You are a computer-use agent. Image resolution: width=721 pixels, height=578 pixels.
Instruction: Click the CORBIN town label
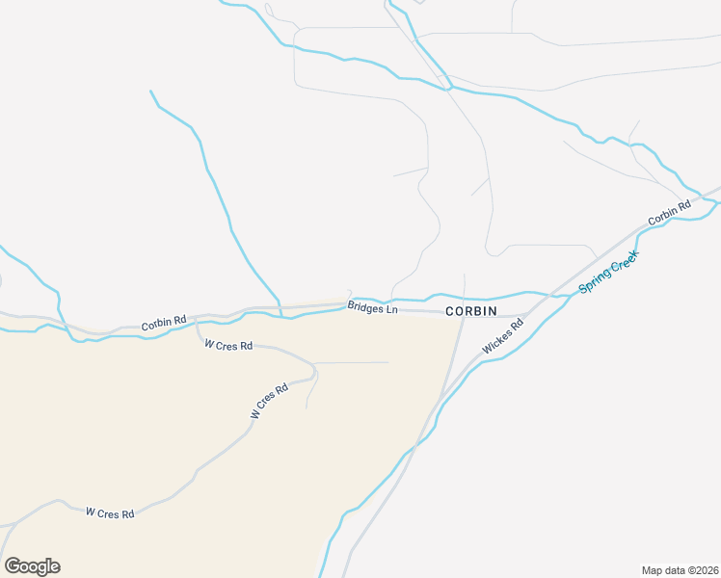click(x=470, y=311)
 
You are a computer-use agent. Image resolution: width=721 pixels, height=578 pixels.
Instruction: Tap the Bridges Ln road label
click(x=372, y=309)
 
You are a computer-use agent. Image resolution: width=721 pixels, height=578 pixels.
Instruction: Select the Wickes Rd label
click(x=503, y=336)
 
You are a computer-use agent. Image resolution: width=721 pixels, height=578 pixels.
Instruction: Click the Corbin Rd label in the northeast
click(x=670, y=212)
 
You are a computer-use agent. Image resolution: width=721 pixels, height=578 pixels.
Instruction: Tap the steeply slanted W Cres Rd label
click(x=270, y=402)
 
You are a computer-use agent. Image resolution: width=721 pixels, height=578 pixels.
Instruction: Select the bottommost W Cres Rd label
click(x=109, y=513)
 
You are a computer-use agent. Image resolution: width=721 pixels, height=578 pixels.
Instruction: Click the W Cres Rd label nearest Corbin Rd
click(x=228, y=345)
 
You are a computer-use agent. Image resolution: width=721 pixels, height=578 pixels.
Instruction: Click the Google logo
click(x=32, y=566)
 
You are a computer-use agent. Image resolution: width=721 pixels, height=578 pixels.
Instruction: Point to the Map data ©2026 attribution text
click(x=680, y=570)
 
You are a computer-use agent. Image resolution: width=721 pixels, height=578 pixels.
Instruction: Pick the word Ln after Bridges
click(x=390, y=310)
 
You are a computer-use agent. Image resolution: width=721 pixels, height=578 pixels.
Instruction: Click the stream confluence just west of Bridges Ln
click(x=280, y=315)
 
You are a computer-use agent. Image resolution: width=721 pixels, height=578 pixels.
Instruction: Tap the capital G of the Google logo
click(x=13, y=566)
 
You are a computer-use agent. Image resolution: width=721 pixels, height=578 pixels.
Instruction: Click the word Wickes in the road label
click(x=499, y=340)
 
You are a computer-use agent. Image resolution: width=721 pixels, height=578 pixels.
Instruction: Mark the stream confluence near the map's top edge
click(x=446, y=89)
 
